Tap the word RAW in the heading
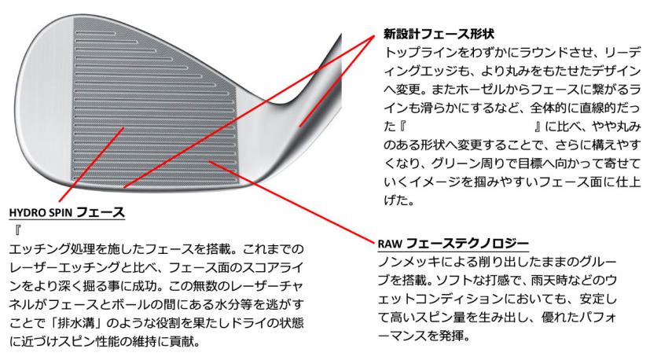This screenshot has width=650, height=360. tap(390, 244)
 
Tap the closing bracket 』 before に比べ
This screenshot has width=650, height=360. tap(535, 126)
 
